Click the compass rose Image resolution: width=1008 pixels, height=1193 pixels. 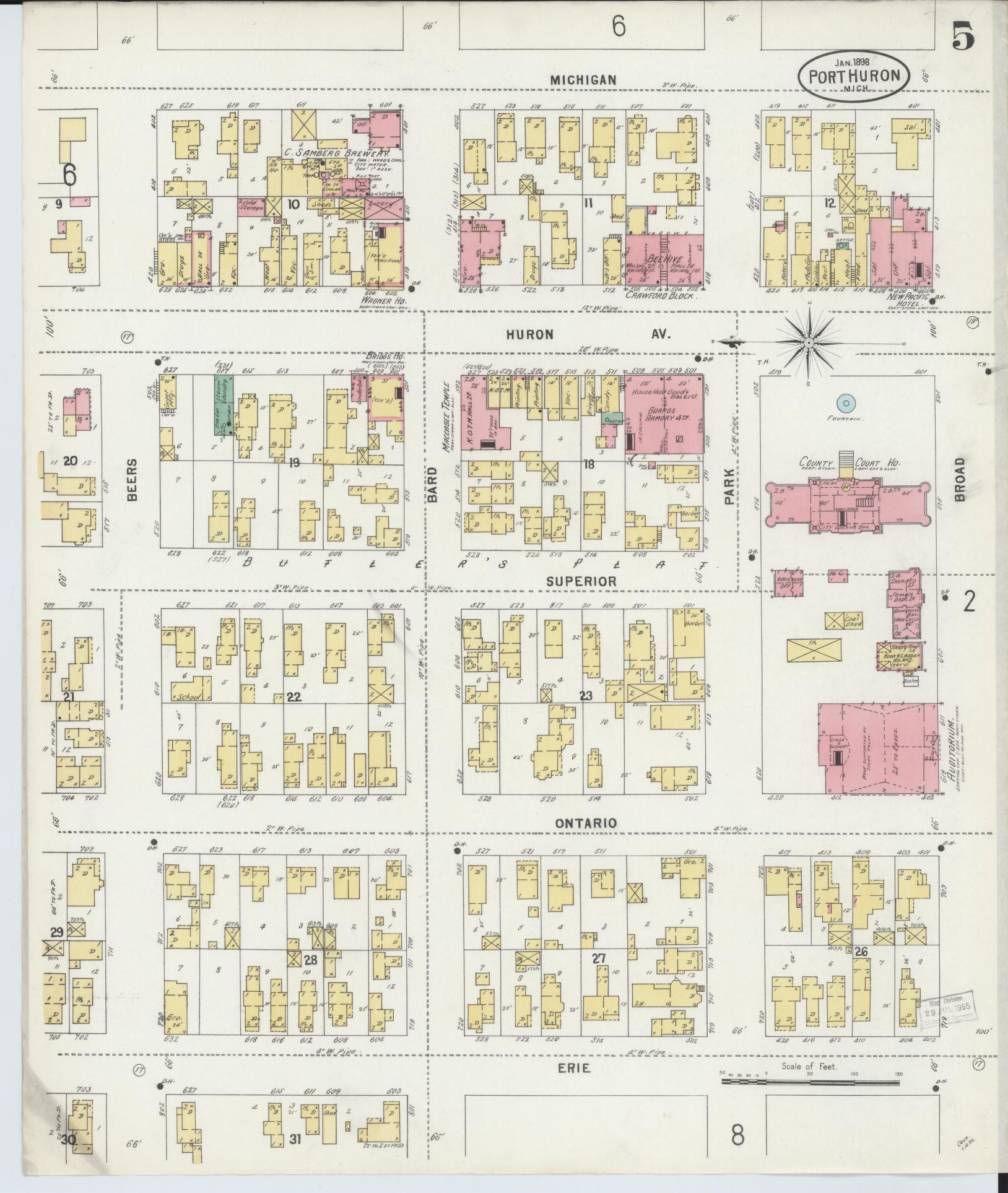tap(809, 342)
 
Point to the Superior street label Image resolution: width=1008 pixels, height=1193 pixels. tap(581, 581)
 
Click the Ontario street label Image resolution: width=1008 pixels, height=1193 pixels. tap(585, 822)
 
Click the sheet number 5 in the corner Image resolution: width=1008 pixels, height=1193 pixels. tap(964, 38)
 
